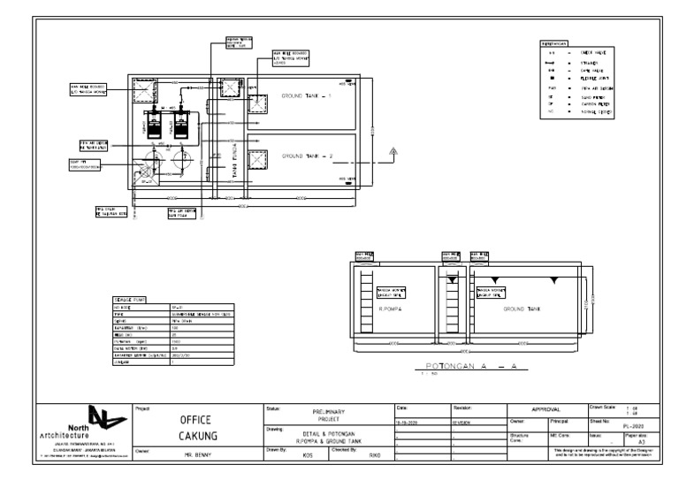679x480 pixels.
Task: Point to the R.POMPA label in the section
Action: [391, 309]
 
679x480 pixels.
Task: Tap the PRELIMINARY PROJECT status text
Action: [328, 415]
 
